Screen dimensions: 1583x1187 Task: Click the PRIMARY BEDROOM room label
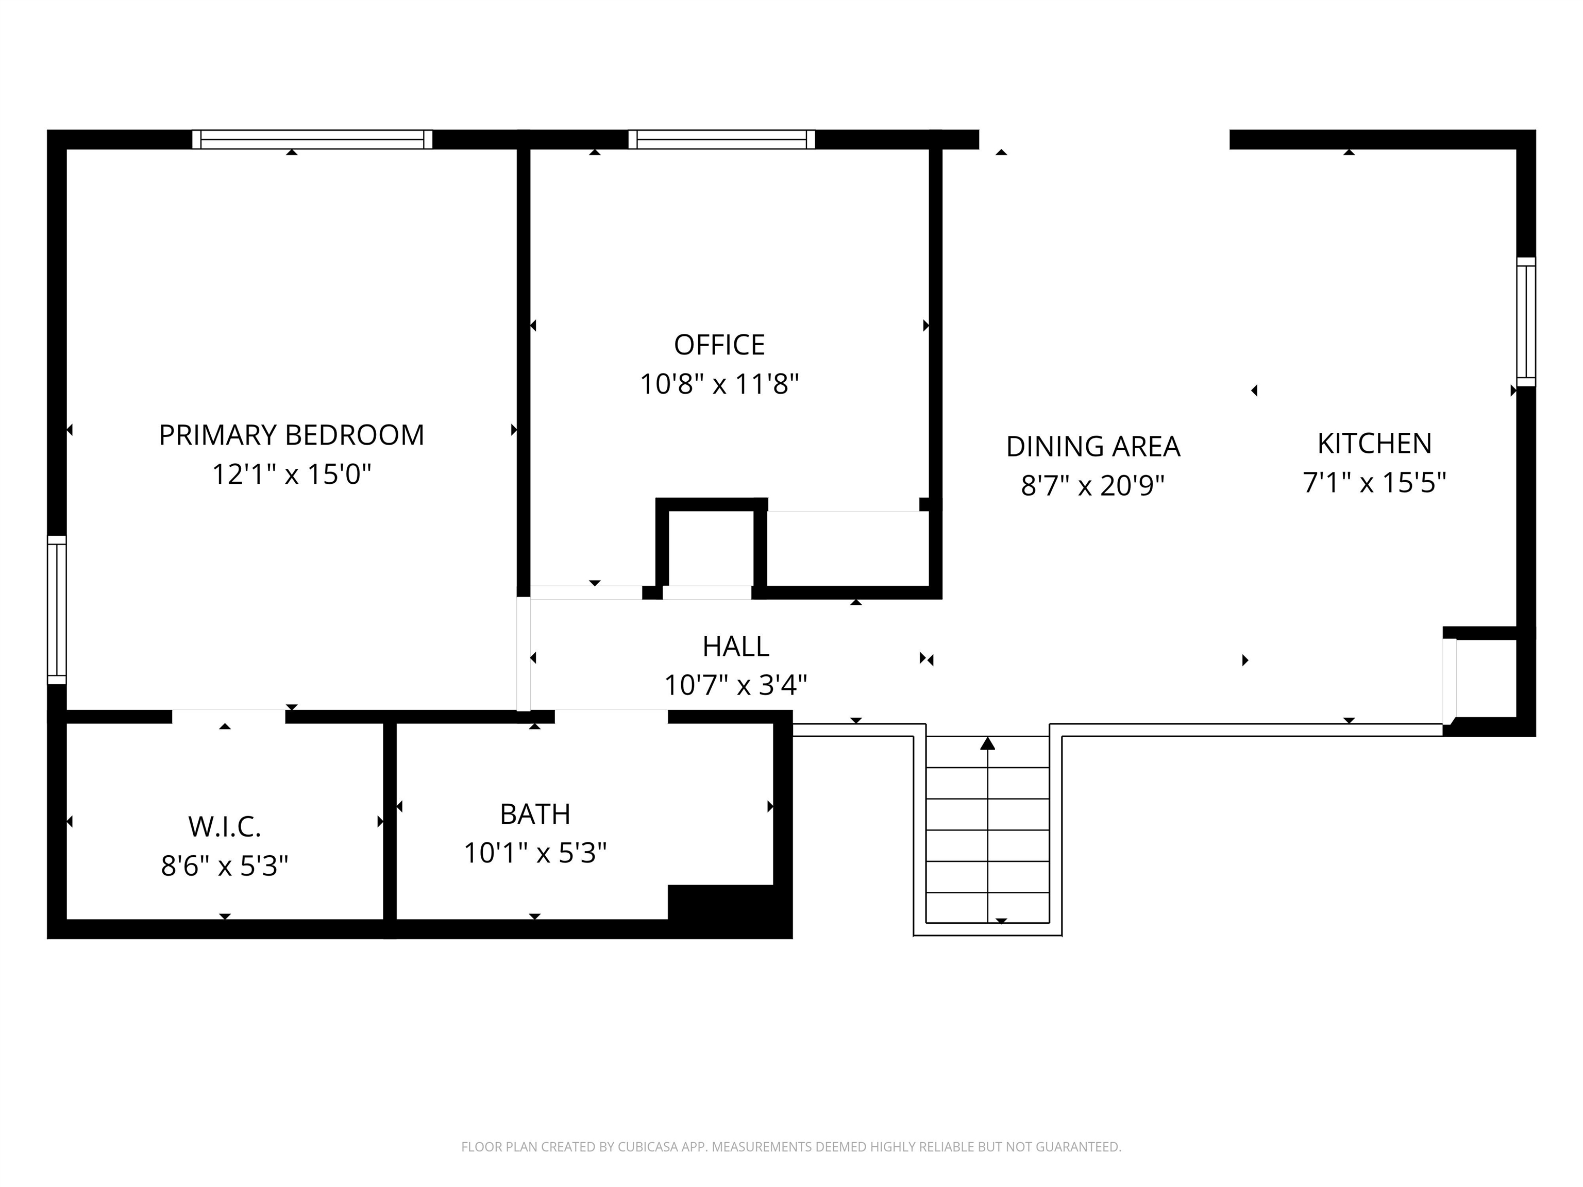tap(291, 435)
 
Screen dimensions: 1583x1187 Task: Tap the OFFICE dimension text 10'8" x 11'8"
tap(719, 384)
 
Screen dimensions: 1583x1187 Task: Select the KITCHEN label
tap(1374, 444)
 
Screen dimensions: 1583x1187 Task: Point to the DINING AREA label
tap(1093, 447)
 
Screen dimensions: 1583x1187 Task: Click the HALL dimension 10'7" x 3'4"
tap(736, 685)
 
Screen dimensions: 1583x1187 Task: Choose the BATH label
tap(535, 813)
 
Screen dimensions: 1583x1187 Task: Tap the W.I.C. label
tap(225, 826)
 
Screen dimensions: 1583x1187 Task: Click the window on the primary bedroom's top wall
tap(312, 140)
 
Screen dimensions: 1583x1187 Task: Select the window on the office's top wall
tap(721, 140)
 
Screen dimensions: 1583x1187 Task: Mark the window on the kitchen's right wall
tap(1526, 321)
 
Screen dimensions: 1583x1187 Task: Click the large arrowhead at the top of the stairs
tap(988, 743)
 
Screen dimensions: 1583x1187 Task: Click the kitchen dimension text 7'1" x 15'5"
tap(1374, 483)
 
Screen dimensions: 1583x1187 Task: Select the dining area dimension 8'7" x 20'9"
tap(1093, 486)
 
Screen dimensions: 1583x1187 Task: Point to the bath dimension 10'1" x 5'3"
tap(535, 853)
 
